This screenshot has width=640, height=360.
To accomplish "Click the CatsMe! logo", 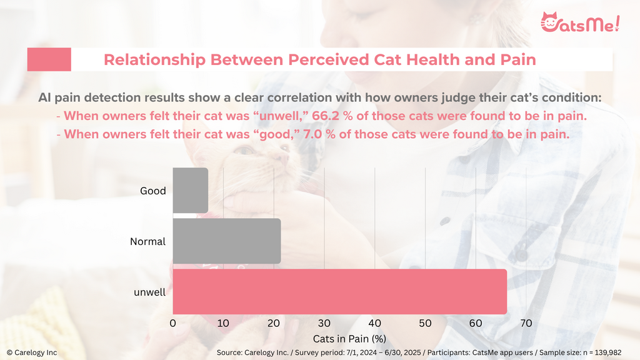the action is pyautogui.click(x=580, y=22).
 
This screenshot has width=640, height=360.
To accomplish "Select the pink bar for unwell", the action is pyautogui.click(x=339, y=292).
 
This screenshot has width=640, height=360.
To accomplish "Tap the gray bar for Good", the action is pyautogui.click(x=190, y=191).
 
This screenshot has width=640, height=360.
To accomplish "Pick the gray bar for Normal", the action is pyautogui.click(x=226, y=241).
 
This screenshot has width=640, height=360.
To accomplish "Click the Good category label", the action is pyautogui.click(x=153, y=191).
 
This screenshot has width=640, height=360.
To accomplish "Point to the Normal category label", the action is pyautogui.click(x=147, y=242).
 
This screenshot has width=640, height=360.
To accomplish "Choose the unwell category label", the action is pyautogui.click(x=150, y=292).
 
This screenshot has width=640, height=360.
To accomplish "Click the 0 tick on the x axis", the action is pyautogui.click(x=172, y=323).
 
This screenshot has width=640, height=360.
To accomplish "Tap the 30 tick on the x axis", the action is pyautogui.click(x=324, y=323).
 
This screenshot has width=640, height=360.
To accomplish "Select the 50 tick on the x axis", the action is pyautogui.click(x=425, y=323).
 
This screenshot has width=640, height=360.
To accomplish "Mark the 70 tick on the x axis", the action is pyautogui.click(x=526, y=323).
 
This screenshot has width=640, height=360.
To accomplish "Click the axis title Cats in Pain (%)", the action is pyautogui.click(x=349, y=339).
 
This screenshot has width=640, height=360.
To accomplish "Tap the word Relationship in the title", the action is pyautogui.click(x=154, y=60).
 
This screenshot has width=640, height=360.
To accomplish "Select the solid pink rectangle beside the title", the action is pyautogui.click(x=49, y=59).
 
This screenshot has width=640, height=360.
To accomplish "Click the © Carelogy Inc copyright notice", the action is pyautogui.click(x=32, y=352).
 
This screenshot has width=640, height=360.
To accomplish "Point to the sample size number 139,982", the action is pyautogui.click(x=606, y=352).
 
